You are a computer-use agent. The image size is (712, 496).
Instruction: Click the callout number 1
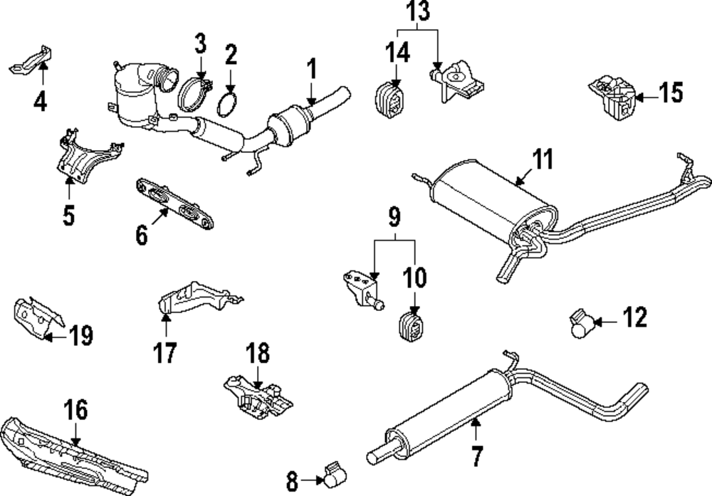pos(311,71)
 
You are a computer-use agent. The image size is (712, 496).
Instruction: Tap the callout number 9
pos(394,215)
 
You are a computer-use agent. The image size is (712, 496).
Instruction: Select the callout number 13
pos(419,13)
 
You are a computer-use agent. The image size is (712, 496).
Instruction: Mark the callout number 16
pos(76,410)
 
